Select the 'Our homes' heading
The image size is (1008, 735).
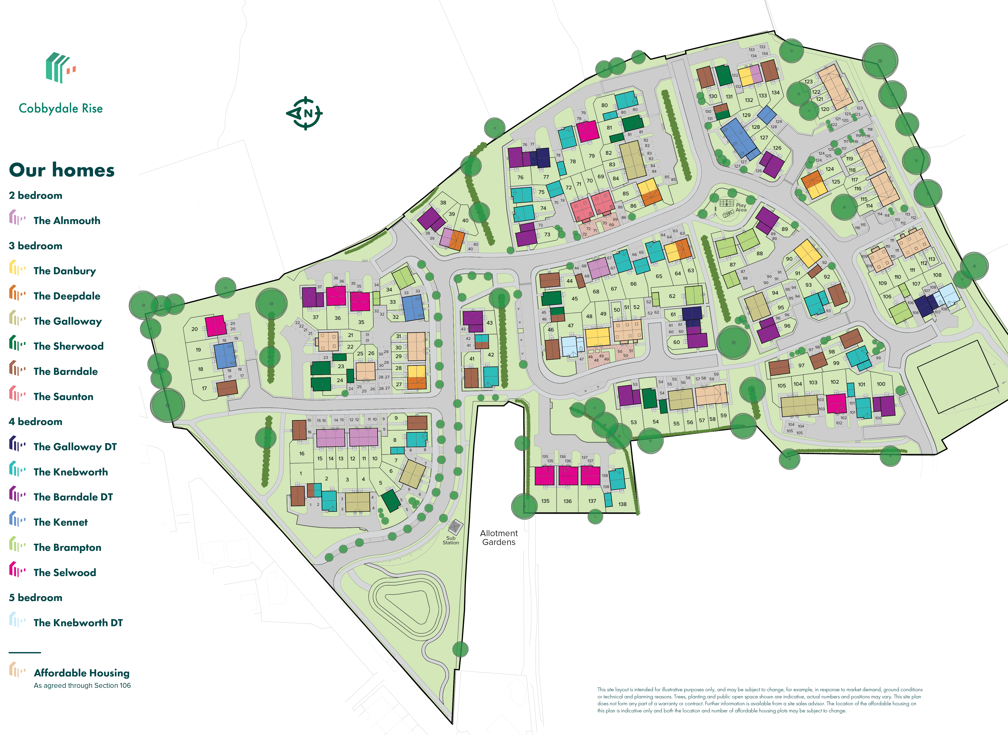(62, 170)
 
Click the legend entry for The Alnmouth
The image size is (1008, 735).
(67, 221)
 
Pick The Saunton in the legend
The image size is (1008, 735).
(63, 396)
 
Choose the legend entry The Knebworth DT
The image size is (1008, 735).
(78, 622)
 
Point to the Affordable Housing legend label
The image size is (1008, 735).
(81, 673)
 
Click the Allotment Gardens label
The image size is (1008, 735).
(499, 537)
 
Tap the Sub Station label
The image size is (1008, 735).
(451, 540)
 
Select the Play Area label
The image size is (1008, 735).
(741, 208)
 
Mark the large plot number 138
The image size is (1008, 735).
(622, 504)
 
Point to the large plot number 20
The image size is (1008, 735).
(195, 329)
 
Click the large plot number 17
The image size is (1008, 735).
(204, 388)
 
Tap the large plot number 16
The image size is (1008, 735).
(302, 454)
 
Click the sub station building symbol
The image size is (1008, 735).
(454, 527)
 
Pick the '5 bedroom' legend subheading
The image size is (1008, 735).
(36, 598)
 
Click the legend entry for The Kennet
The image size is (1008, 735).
(61, 522)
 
